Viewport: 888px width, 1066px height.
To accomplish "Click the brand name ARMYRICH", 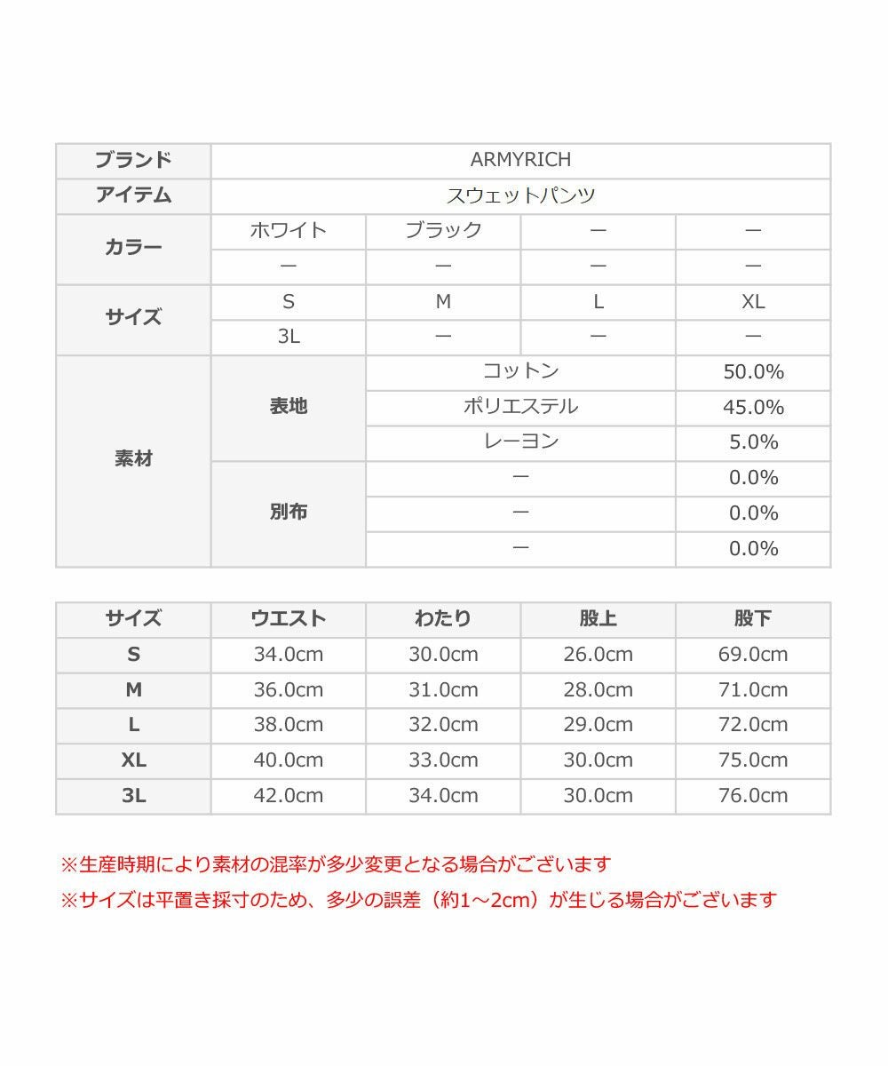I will pyautogui.click(x=520, y=160).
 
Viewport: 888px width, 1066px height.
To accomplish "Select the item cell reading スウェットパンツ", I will pyautogui.click(x=520, y=195).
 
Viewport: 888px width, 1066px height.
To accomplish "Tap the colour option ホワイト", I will pyautogui.click(x=289, y=231).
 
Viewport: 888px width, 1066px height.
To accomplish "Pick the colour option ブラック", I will pyautogui.click(x=443, y=231).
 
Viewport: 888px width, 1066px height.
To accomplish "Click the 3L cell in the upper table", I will pyautogui.click(x=289, y=337).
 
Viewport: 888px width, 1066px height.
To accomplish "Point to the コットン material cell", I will pyautogui.click(x=520, y=371).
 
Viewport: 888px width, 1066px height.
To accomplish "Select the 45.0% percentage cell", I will pyautogui.click(x=753, y=407).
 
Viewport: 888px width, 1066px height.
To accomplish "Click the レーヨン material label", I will pyautogui.click(x=520, y=442).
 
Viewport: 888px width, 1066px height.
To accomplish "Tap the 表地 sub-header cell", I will pyautogui.click(x=289, y=407).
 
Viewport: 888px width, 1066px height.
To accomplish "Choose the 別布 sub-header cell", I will pyautogui.click(x=289, y=513).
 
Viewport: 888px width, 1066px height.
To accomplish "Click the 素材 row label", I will pyautogui.click(x=133, y=459).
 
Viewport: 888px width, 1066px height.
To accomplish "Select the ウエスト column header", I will pyautogui.click(x=289, y=619).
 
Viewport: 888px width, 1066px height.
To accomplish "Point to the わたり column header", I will pyautogui.click(x=443, y=619).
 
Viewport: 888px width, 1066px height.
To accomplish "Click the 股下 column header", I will pyautogui.click(x=753, y=619).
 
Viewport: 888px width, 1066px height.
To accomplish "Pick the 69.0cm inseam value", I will pyautogui.click(x=753, y=655).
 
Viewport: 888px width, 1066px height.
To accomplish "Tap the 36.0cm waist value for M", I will pyautogui.click(x=289, y=689).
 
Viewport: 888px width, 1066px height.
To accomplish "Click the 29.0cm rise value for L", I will pyautogui.click(x=598, y=725).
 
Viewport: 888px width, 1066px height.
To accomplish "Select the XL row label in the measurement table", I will pyautogui.click(x=133, y=760).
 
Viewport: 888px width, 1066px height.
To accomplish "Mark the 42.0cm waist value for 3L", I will pyautogui.click(x=289, y=796).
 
